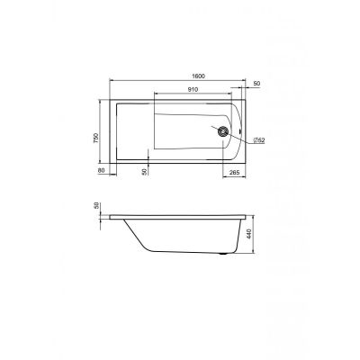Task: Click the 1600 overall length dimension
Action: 198,76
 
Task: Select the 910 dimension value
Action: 193,89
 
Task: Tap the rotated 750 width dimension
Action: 95,138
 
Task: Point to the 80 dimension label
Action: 101,171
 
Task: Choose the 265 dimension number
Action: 234,173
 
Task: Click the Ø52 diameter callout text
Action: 259,140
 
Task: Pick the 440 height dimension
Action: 247,234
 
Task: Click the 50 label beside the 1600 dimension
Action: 256,84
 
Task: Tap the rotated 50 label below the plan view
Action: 144,172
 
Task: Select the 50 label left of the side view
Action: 96,205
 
